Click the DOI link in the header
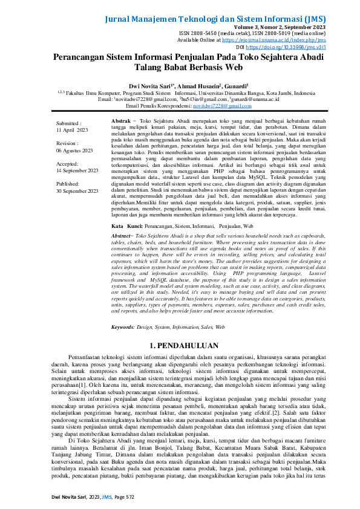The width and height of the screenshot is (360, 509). [310, 46]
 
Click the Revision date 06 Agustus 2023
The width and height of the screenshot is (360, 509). [74, 150]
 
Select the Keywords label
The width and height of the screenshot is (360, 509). [123, 326]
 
